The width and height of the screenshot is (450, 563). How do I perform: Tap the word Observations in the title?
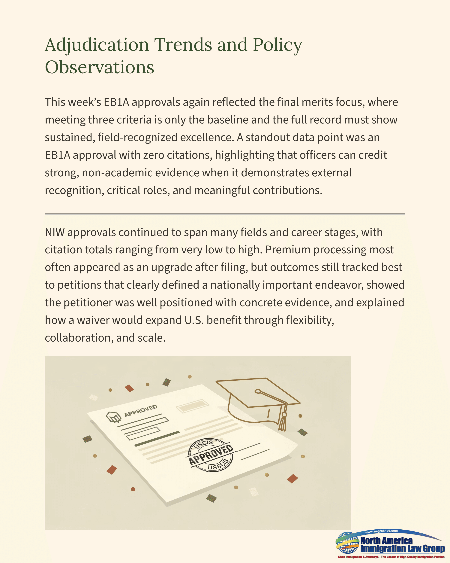click(99, 67)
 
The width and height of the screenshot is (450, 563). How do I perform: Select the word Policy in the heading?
click(277, 45)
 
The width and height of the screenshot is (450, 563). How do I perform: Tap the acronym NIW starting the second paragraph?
click(55, 232)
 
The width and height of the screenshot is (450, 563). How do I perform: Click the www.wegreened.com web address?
click(381, 531)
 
